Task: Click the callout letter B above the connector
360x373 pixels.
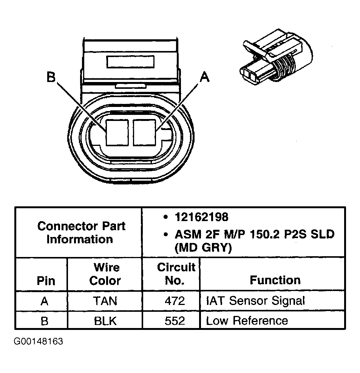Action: pos(51,77)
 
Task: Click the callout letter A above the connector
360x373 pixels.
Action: pos(204,77)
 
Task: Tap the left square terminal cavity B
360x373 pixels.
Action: pos(117,132)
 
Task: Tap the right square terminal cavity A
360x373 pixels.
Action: pos(145,132)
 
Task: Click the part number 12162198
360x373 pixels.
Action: pos(201,217)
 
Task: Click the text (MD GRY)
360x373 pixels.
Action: pos(203,248)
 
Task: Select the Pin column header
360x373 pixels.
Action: pos(46,281)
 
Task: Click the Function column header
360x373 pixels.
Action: pos(275,280)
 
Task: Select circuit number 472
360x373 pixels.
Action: pos(175,301)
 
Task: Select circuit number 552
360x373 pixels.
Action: pos(175,321)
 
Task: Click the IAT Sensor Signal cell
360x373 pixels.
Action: pos(255,301)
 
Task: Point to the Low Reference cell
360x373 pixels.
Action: pos(247,321)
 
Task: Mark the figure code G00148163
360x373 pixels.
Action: pos(39,342)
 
